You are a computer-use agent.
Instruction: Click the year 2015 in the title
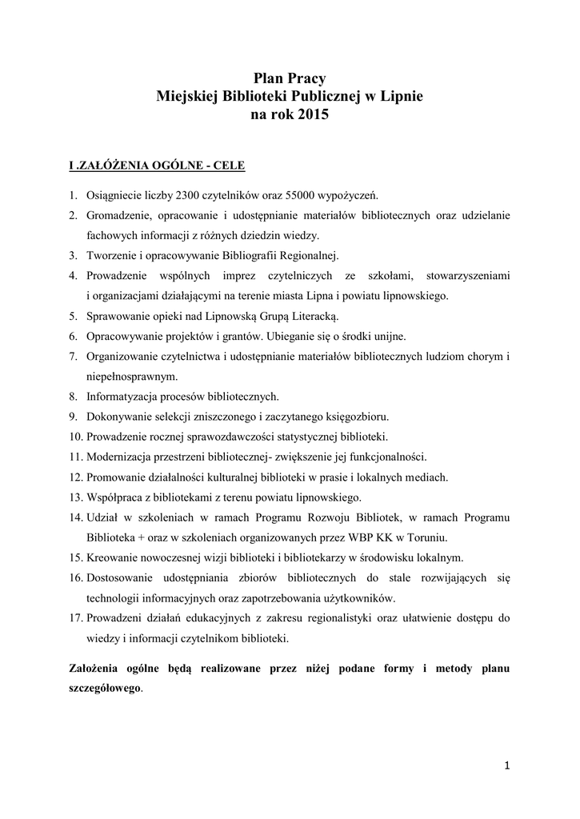tap(313, 115)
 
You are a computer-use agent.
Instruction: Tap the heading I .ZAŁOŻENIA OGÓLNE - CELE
tap(156, 166)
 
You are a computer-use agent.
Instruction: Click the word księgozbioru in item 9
tap(358, 417)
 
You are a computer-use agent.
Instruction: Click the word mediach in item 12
tap(429, 477)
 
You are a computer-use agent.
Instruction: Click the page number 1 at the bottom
tap(506, 766)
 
